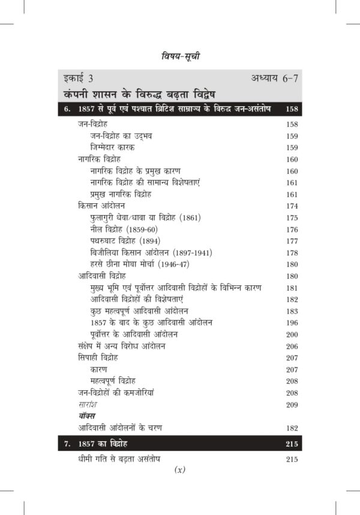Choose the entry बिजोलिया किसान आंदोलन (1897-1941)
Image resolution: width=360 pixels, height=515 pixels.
(151, 252)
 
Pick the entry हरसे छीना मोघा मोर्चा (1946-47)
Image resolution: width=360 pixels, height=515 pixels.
(147, 264)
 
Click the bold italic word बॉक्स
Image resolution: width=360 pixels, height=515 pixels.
(87, 415)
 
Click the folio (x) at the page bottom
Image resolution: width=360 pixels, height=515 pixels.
(180, 470)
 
